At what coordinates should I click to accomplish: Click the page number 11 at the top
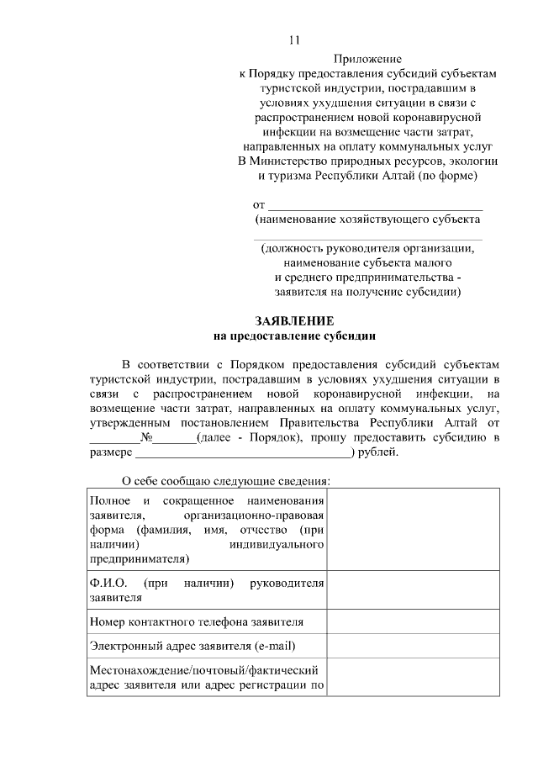(x=293, y=40)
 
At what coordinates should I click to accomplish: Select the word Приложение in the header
(x=368, y=59)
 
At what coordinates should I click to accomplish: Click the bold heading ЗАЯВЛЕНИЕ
(x=294, y=321)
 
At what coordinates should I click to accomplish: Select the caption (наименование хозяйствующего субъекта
(x=368, y=219)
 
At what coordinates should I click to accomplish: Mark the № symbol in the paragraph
(x=150, y=438)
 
